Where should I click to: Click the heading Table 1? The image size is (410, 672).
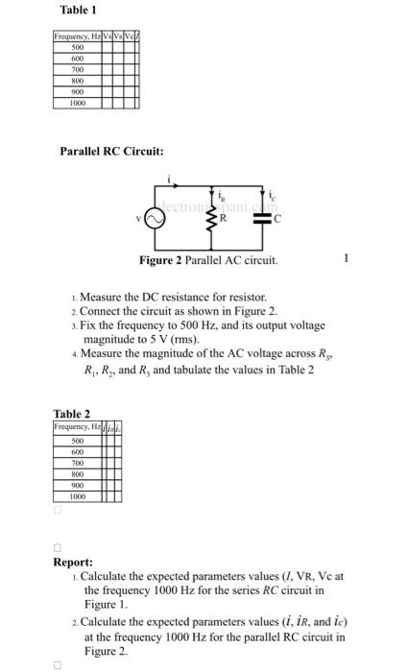pyautogui.click(x=78, y=10)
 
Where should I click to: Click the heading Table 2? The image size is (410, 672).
pyautogui.click(x=71, y=414)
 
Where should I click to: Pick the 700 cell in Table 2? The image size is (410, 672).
pyautogui.click(x=73, y=462)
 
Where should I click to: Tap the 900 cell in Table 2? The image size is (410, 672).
pyautogui.click(x=73, y=485)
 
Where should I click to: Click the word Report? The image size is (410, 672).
pyautogui.click(x=73, y=562)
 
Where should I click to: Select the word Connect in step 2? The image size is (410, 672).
pyautogui.click(x=101, y=312)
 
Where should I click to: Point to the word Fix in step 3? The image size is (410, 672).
pyautogui.click(x=89, y=326)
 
